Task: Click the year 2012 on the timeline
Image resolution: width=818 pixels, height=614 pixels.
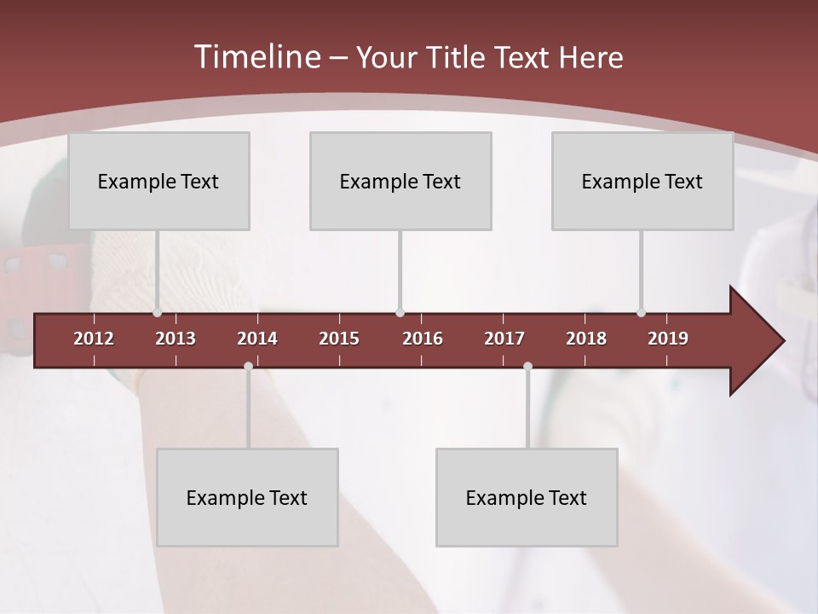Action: coord(94,339)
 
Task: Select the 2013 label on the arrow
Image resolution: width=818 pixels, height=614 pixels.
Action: coord(176,339)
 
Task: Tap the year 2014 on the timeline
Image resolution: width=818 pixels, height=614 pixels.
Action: coord(257,339)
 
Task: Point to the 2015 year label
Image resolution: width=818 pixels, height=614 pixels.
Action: coord(339,339)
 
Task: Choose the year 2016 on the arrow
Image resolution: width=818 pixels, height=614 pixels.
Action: coord(423,339)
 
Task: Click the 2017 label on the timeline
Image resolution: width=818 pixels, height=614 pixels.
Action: coord(504,339)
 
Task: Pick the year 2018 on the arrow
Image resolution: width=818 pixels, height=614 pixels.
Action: coord(586,339)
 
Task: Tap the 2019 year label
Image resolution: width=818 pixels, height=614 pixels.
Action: coord(668,339)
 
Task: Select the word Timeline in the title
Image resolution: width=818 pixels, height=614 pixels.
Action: coord(256,57)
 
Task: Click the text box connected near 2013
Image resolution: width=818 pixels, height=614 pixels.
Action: coord(158,181)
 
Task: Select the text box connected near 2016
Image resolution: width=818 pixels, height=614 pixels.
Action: coord(400,181)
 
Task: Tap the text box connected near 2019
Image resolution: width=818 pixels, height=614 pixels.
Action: coord(642,181)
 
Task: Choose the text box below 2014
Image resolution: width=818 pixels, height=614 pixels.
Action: coord(247,497)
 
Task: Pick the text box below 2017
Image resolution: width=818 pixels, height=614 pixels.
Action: coord(527,497)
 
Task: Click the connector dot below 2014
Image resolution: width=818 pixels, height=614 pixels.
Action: coord(248,367)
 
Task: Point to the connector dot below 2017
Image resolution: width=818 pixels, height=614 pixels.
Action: coord(527,367)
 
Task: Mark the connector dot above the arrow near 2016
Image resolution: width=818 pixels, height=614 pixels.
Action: coord(400,313)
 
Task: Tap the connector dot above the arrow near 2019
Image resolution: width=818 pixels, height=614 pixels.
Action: coord(641,313)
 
